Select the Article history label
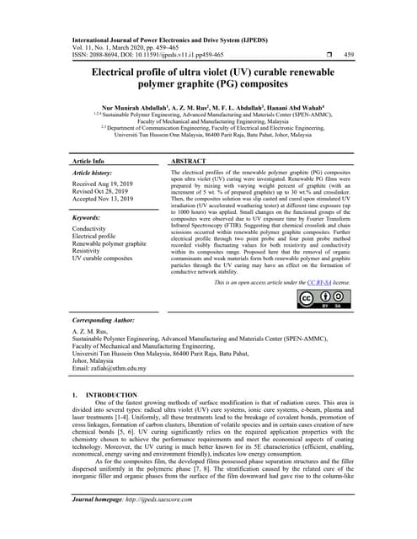pyautogui.click(x=94, y=172)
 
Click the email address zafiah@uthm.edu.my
pyautogui.click(x=117, y=368)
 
